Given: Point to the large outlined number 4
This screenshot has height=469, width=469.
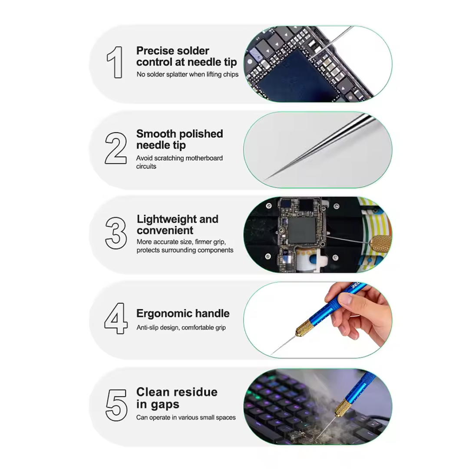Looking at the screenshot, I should click(116, 318).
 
